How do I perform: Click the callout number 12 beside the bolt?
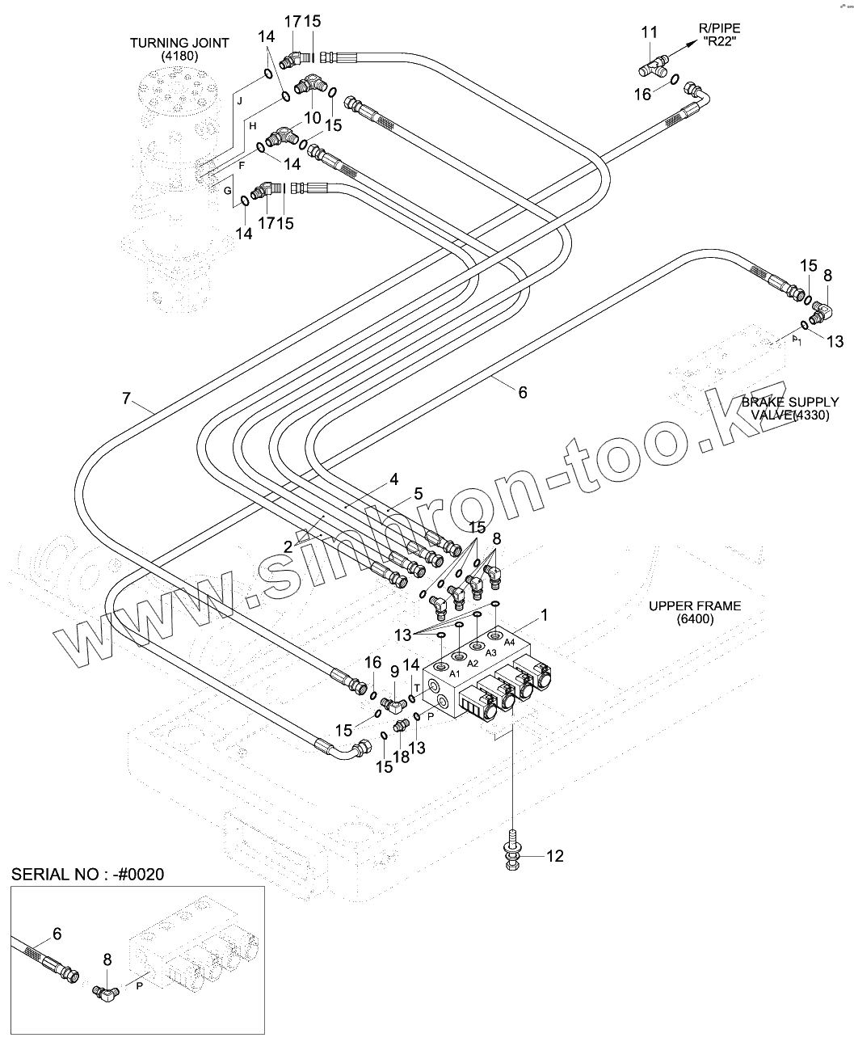click(555, 855)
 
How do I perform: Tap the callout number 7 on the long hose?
click(126, 399)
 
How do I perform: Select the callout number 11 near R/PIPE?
click(650, 33)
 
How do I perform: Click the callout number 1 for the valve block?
click(545, 615)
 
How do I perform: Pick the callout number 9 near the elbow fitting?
click(395, 671)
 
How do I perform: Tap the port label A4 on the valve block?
click(510, 641)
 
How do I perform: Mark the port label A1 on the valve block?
click(455, 673)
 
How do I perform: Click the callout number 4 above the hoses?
click(393, 479)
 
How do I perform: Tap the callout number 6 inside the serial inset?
click(57, 934)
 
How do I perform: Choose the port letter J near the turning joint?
click(239, 100)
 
